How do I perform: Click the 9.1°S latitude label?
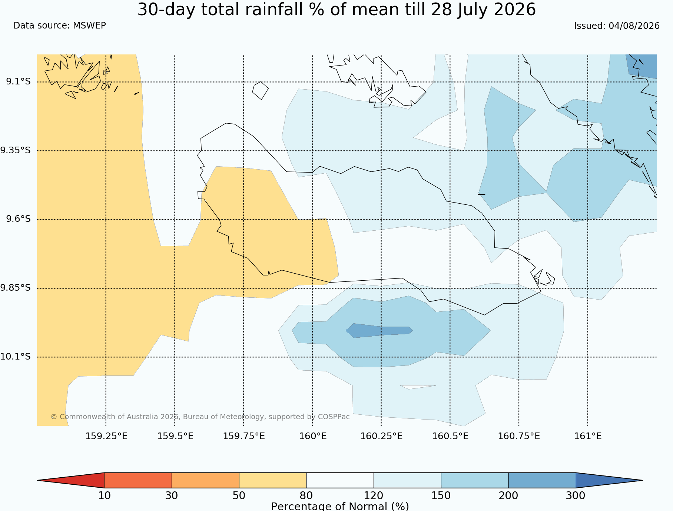click(x=18, y=81)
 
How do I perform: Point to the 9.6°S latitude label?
click(x=18, y=219)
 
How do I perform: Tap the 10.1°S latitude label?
click(x=15, y=357)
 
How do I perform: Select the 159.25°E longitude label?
click(x=106, y=436)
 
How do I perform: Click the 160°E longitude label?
click(x=313, y=436)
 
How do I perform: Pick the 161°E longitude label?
click(x=588, y=436)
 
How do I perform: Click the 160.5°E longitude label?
click(x=450, y=436)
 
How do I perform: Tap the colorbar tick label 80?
click(x=306, y=495)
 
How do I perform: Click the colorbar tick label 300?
click(x=576, y=495)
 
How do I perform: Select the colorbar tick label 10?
click(x=105, y=495)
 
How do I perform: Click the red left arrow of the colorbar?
click(x=71, y=480)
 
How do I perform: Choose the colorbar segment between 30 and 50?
click(x=205, y=480)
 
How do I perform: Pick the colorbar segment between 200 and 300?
click(x=542, y=480)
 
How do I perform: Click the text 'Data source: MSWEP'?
click(x=60, y=26)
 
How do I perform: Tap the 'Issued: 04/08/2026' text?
click(x=617, y=26)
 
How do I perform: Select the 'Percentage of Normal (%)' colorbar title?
click(x=340, y=506)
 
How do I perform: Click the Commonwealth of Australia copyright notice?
click(x=200, y=417)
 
